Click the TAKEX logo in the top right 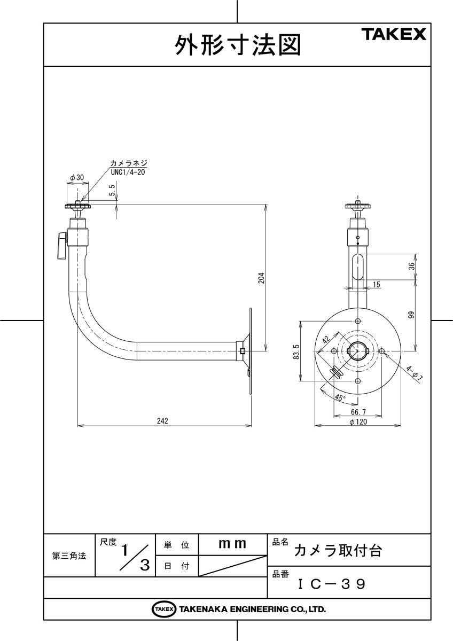[395, 35]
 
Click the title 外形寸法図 [238, 46]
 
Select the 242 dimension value [163, 421]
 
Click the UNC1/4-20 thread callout [128, 172]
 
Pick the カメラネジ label [128, 163]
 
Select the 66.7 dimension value [358, 412]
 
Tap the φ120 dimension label [358, 421]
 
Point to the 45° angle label [340, 397]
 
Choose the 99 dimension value [411, 315]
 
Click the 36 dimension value [411, 267]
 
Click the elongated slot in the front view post [358, 267]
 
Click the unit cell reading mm [232, 544]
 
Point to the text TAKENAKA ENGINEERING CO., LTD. [252, 609]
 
